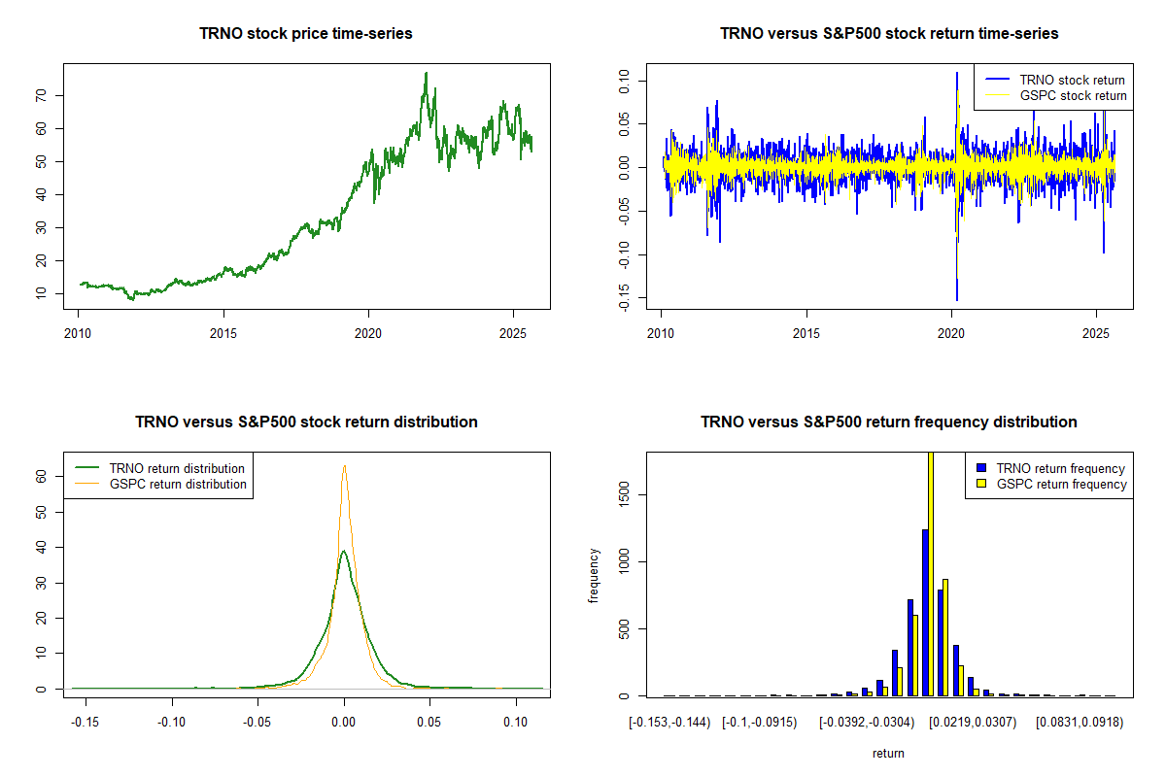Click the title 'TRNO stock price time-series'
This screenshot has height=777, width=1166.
(306, 34)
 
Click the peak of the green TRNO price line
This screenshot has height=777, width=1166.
(426, 74)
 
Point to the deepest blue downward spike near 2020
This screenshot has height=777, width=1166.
(957, 299)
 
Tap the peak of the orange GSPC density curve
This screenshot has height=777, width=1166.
(344, 466)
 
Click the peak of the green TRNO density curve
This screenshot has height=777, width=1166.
(343, 552)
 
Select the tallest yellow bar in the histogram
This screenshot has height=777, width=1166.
(931, 573)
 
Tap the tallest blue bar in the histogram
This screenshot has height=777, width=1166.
(925, 612)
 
